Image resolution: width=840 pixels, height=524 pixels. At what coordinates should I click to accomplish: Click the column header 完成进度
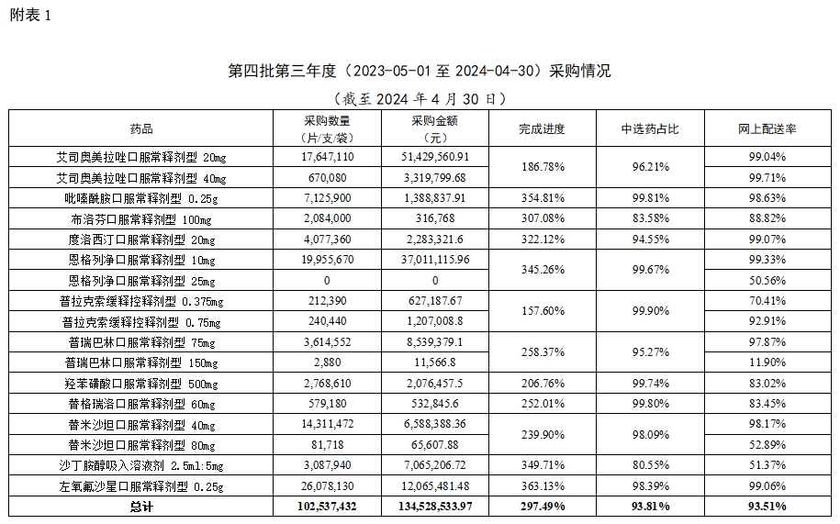[542, 128]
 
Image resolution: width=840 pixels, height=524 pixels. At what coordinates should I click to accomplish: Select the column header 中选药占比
[649, 128]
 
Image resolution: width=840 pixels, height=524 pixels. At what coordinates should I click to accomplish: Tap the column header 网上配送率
[767, 128]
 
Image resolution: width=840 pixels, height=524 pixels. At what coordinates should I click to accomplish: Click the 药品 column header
[141, 128]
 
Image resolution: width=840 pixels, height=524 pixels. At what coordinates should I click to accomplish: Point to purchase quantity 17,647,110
[327, 157]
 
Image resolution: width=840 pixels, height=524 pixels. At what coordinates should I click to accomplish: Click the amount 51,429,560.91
[435, 157]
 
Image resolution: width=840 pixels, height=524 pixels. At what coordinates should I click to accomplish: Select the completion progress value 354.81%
[542, 197]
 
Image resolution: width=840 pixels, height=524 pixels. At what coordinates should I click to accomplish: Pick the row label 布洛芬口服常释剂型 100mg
[141, 218]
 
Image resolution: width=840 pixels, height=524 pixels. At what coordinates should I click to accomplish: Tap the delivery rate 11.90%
[767, 362]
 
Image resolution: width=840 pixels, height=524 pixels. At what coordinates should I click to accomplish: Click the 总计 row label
[141, 506]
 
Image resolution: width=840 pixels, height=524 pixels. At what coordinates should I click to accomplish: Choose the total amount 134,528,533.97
[435, 506]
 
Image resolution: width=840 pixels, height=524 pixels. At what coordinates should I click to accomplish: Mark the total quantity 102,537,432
[327, 506]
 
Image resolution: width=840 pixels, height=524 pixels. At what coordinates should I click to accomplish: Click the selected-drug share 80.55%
[649, 465]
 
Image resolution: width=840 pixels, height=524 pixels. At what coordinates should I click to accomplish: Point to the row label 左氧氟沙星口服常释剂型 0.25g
[141, 485]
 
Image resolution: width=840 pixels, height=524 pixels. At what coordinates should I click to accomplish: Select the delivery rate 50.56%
[767, 280]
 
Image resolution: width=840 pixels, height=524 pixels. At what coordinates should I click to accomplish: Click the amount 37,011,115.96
[435, 260]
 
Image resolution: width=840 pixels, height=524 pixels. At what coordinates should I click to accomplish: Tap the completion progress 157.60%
[542, 310]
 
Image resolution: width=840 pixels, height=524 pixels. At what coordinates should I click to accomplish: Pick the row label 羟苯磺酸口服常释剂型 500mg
[141, 383]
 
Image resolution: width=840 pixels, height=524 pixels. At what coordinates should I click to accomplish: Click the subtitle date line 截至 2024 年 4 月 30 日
[420, 97]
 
